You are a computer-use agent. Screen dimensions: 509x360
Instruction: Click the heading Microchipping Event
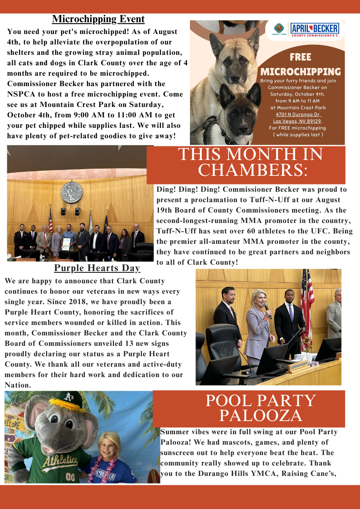coord(98,19)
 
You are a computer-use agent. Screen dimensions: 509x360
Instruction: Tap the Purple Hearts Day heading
coord(97,268)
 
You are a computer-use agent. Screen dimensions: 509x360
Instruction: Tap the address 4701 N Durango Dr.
coord(302,115)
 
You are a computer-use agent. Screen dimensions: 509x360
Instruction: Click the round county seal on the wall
coord(72,193)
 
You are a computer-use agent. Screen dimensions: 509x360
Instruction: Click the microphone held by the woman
coord(268,310)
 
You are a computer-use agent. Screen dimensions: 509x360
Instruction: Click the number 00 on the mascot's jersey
coord(69,477)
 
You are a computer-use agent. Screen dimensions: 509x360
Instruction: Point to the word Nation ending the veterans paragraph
coord(17,385)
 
